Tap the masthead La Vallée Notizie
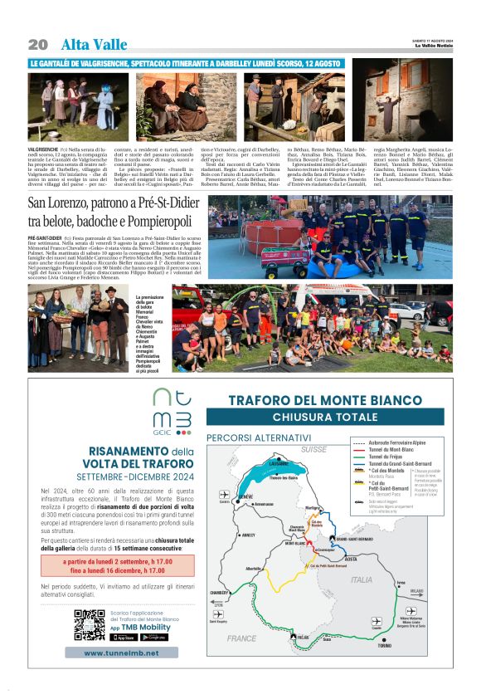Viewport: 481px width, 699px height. tap(433, 46)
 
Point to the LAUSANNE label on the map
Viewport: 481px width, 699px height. tap(279, 463)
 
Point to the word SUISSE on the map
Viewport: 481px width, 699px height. tap(314, 449)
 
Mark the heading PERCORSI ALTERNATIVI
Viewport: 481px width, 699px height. tap(259, 437)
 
